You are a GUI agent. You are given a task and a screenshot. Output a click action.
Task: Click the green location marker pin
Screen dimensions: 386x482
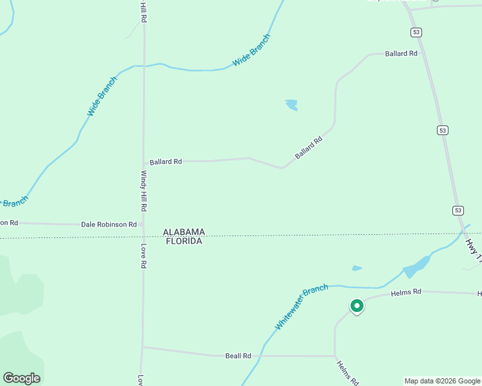click(356, 306)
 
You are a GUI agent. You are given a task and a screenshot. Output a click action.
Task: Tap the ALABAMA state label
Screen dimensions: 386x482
click(184, 232)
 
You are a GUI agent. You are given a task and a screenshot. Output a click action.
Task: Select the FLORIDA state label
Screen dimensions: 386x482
click(184, 241)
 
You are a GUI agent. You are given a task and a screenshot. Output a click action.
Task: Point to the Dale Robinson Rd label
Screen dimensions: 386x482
click(109, 225)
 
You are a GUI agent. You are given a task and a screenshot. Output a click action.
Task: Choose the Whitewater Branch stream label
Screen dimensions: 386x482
click(301, 307)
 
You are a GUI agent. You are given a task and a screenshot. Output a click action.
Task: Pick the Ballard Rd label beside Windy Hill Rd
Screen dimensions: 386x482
click(166, 161)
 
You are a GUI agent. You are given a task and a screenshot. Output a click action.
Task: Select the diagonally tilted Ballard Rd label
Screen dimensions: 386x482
click(308, 147)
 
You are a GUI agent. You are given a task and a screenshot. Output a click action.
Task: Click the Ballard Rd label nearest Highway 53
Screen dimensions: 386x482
click(401, 53)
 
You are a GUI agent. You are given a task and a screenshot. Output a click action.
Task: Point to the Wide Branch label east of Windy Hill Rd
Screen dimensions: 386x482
click(251, 50)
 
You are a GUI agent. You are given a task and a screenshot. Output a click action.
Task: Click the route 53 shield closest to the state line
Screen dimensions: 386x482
click(458, 210)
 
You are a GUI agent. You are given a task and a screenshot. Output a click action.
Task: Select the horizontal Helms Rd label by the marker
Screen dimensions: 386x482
click(406, 292)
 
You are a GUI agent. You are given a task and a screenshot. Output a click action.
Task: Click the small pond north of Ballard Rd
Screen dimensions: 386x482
click(292, 104)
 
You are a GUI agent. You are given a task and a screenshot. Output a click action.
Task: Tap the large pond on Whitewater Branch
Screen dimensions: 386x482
click(416, 266)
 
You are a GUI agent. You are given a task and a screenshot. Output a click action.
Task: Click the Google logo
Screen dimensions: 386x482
click(21, 378)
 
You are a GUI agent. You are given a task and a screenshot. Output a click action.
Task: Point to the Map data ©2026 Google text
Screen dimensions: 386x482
click(442, 381)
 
